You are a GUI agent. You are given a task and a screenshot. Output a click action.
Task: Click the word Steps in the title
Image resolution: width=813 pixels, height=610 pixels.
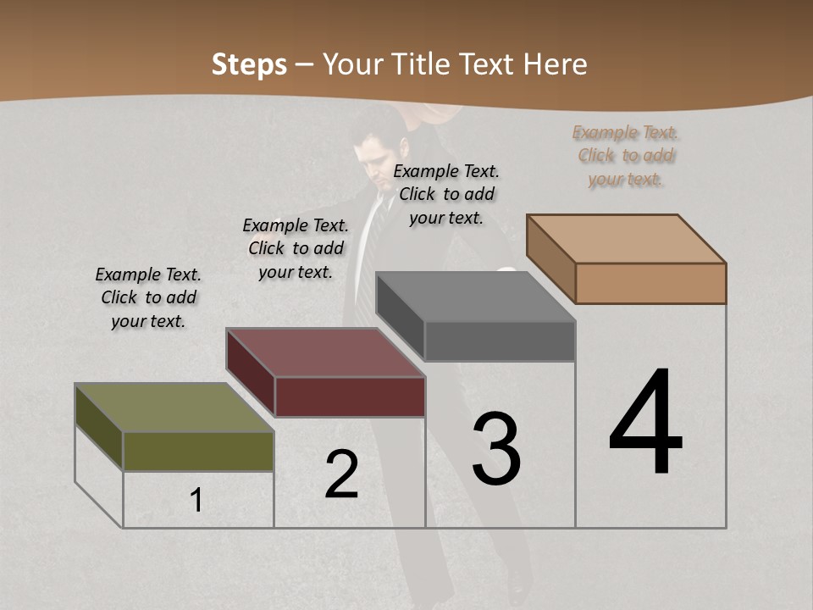[249, 64]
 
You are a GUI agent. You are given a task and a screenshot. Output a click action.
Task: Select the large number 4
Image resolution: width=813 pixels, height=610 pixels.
[645, 423]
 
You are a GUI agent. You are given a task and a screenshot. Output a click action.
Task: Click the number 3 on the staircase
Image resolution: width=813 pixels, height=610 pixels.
[496, 449]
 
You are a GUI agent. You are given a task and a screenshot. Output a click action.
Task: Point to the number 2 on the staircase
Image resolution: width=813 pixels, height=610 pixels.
[342, 474]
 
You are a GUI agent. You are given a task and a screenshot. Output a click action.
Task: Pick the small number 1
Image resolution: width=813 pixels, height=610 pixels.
[196, 501]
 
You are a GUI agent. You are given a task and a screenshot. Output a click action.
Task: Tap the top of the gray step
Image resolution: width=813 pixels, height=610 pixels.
[475, 297]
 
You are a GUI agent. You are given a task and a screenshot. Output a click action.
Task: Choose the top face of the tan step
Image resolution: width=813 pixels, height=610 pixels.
[627, 239]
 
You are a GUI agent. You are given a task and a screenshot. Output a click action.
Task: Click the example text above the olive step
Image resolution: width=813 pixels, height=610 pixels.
[148, 297]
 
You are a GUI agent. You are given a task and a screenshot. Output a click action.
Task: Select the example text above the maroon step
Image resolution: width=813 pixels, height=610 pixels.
[296, 248]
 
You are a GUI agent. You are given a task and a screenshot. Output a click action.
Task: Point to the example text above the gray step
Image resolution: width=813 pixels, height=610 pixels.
[446, 194]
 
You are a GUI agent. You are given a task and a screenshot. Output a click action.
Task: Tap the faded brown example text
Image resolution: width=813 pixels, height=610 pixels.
[626, 156]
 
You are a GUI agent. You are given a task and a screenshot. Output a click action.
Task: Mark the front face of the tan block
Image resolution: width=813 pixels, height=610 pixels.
[650, 283]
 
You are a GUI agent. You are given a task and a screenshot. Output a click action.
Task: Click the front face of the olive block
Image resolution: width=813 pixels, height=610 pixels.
[198, 451]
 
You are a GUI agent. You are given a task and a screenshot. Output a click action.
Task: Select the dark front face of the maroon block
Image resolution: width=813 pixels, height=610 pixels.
[350, 396]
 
